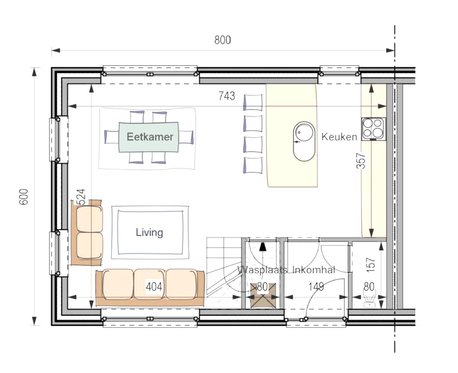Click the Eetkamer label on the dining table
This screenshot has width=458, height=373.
pyautogui.click(x=150, y=137)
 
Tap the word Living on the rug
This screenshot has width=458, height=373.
pyautogui.click(x=149, y=232)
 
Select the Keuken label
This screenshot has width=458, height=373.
pyautogui.click(x=339, y=137)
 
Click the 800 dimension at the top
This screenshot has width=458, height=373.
pyautogui.click(x=223, y=40)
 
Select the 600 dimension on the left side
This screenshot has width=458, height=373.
pyautogui.click(x=24, y=196)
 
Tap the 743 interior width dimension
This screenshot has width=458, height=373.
pyautogui.click(x=227, y=96)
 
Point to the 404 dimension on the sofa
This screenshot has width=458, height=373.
pyautogui.click(x=154, y=287)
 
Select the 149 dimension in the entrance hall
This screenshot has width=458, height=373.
pyautogui.click(x=316, y=287)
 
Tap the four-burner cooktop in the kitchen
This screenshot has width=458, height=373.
pyautogui.click(x=373, y=128)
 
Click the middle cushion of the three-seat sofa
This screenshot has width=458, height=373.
pyautogui.click(x=149, y=283)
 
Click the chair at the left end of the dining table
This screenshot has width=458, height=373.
pyautogui.click(x=110, y=137)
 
